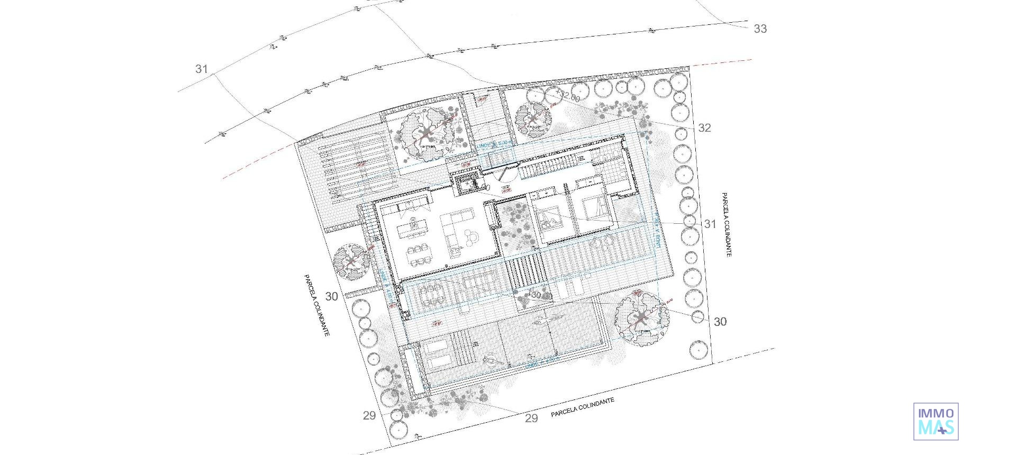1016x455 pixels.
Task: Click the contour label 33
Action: click(760, 29)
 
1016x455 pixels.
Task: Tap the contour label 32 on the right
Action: click(704, 128)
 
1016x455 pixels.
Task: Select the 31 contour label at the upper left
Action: click(202, 69)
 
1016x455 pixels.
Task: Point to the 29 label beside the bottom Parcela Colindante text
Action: click(531, 418)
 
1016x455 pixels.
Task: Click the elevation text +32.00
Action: click(568, 97)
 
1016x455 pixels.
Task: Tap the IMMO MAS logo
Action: click(936, 421)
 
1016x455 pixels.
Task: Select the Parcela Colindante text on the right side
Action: click(725, 224)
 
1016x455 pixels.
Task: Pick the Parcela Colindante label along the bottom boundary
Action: click(582, 407)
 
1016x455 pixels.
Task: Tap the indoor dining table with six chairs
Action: click(418, 254)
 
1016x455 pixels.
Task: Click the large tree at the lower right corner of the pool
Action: click(641, 319)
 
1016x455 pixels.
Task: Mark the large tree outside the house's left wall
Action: click(351, 261)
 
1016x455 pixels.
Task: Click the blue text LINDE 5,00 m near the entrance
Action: click(495, 144)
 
